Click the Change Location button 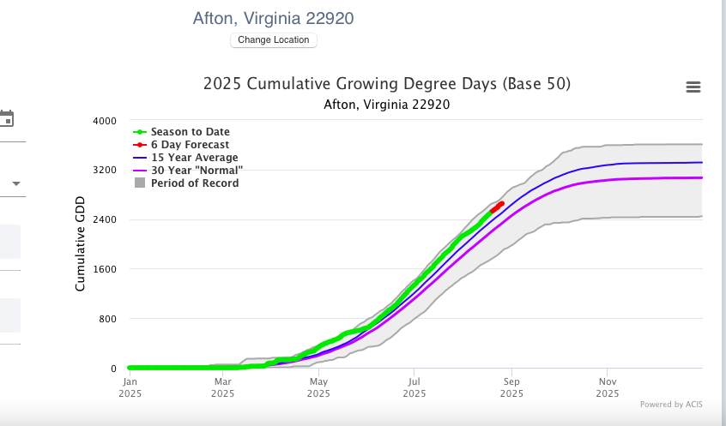coord(274,40)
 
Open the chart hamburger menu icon coord(693,87)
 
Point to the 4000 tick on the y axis coord(104,120)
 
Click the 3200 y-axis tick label coord(104,170)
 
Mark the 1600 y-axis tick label coord(104,269)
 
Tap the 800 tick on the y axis coord(106,319)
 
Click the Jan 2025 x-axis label coord(130,387)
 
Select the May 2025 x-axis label coord(318,387)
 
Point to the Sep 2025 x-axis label coord(511,387)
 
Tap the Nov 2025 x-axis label coord(607,387)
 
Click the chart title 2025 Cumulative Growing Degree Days coord(387,84)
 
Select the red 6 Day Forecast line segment coord(497,207)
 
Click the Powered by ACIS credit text coord(671,405)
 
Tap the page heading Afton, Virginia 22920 coord(273,18)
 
